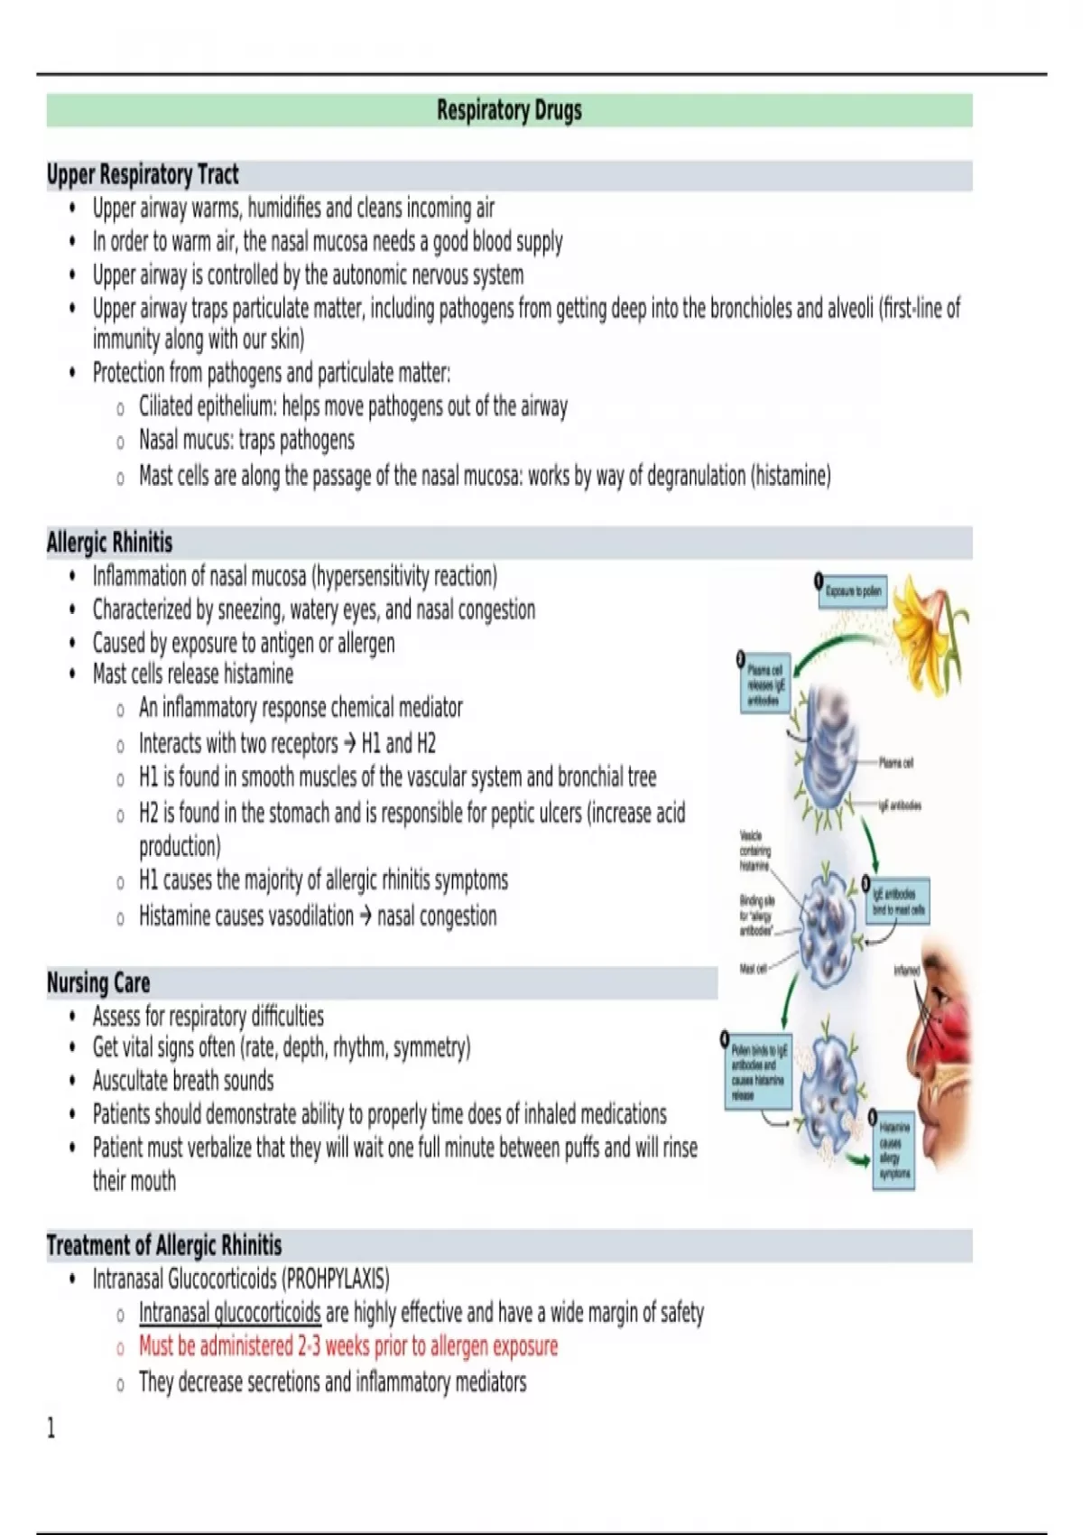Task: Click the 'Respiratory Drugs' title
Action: pyautogui.click(x=509, y=110)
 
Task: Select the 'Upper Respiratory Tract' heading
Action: pyautogui.click(x=143, y=174)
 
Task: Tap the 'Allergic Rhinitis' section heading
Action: pyautogui.click(x=109, y=543)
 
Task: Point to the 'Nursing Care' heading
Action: pyautogui.click(x=98, y=982)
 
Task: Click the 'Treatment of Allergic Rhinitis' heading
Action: pyautogui.click(x=164, y=1246)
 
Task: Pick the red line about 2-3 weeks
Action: pyautogui.click(x=347, y=1346)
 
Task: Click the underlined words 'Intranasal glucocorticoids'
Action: pyautogui.click(x=229, y=1312)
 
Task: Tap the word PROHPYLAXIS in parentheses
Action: pyautogui.click(x=337, y=1279)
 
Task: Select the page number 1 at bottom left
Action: pyautogui.click(x=51, y=1428)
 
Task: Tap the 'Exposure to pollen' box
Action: pyautogui.click(x=853, y=591)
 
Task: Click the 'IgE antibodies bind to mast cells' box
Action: pyautogui.click(x=898, y=900)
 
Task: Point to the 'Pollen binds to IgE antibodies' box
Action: pyautogui.click(x=758, y=1072)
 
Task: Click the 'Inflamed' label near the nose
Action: pyautogui.click(x=906, y=971)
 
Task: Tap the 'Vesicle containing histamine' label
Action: pyautogui.click(x=754, y=851)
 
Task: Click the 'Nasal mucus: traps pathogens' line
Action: pyautogui.click(x=246, y=441)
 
